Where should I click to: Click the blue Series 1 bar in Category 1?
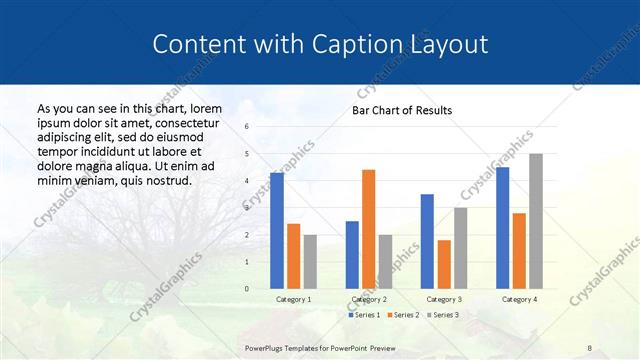coord(277,231)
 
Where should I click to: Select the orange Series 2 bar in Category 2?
coord(368,229)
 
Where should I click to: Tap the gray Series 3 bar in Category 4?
coord(536,221)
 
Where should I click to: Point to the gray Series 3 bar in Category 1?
coord(310,262)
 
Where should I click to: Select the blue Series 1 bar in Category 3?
coord(427,241)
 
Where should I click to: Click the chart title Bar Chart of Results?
coord(401,110)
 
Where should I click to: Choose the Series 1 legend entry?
coord(365,315)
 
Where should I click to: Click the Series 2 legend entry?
coord(403,315)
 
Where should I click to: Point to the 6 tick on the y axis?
coord(247,127)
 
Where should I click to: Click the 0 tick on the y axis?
coord(247,289)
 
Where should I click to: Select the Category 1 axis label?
coord(293,299)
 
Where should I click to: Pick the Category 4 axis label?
coord(519,299)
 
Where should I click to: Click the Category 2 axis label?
coord(368,299)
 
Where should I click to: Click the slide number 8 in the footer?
coord(590,346)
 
